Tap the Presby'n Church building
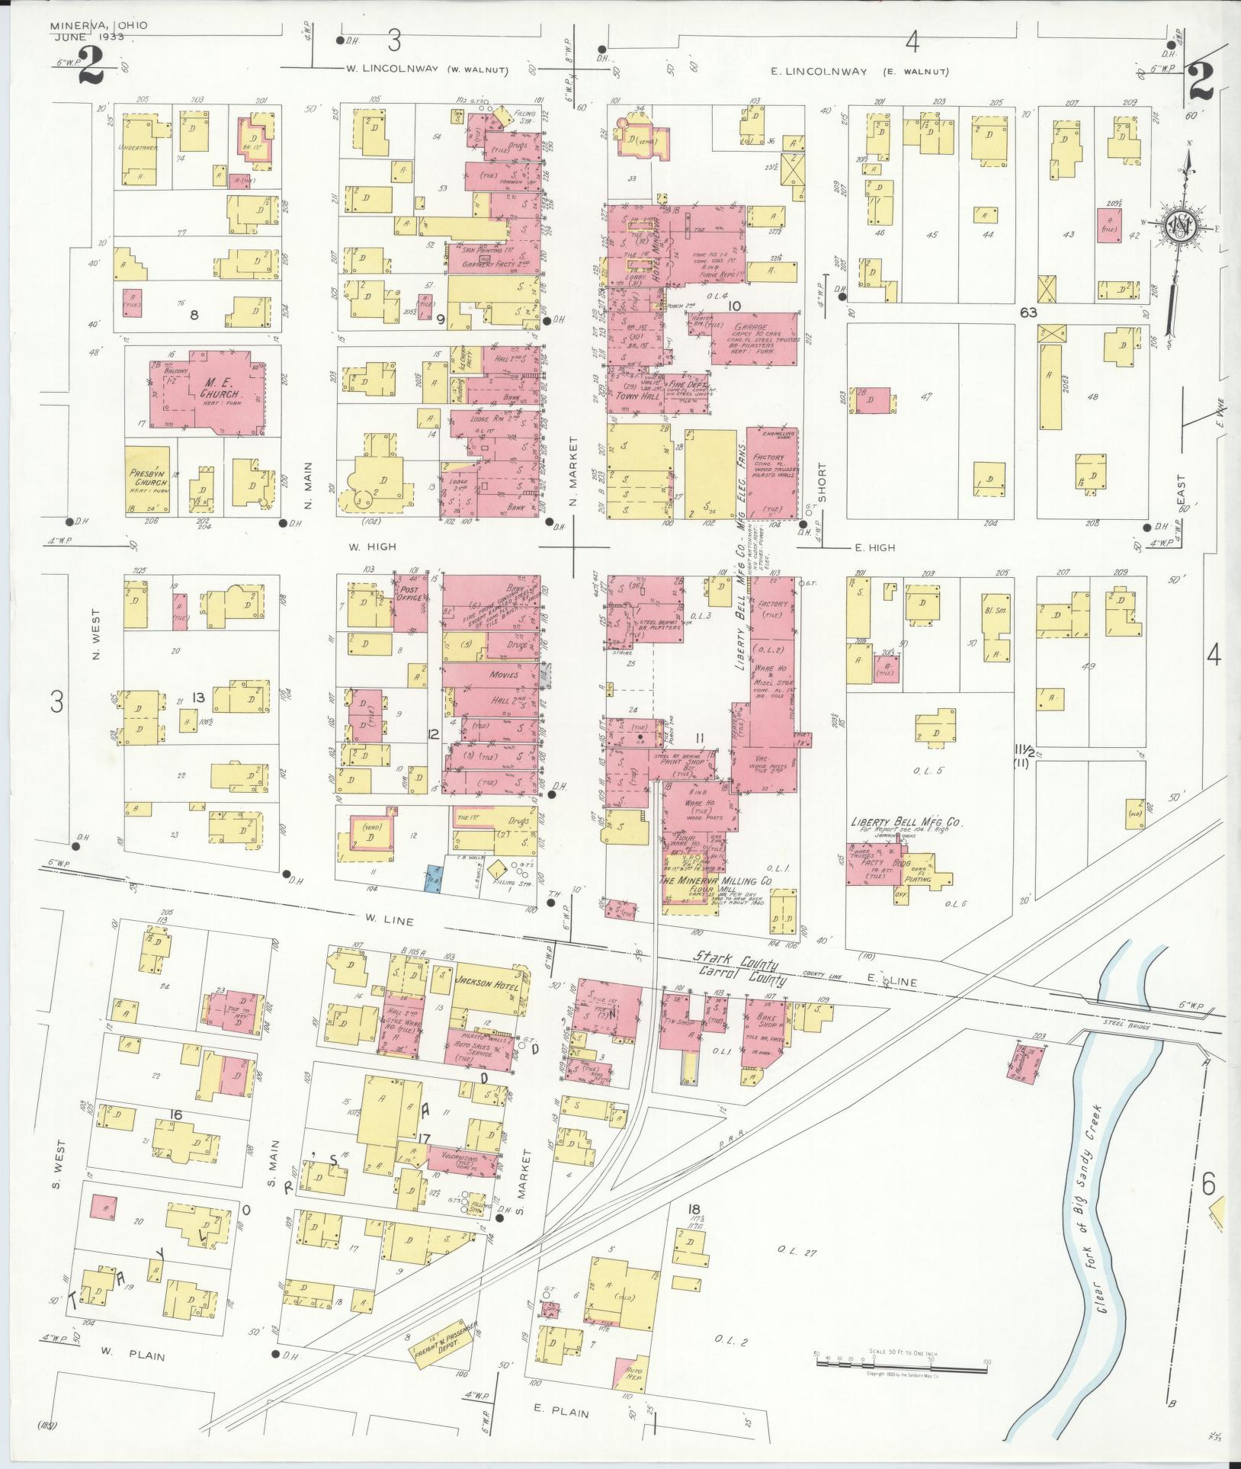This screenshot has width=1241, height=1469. (148, 478)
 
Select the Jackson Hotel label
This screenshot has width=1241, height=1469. (486, 983)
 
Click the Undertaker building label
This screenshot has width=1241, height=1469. (138, 148)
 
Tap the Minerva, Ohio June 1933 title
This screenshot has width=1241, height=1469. (99, 30)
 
